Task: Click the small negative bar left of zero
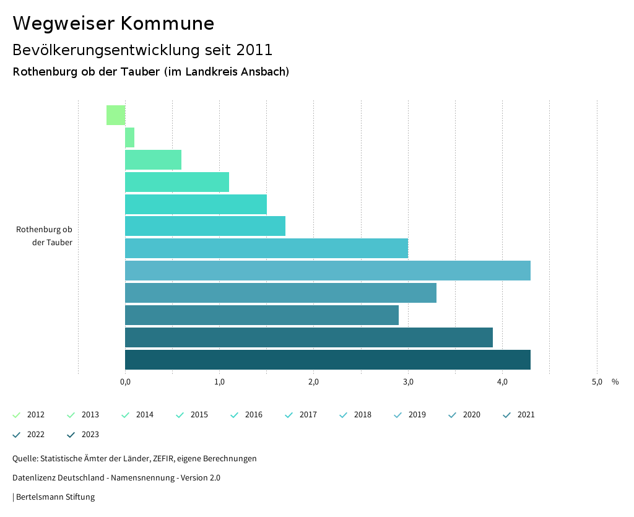pos(116,115)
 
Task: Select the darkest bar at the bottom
pos(328,360)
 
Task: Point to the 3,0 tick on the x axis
pos(408,382)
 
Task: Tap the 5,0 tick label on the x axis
pos(596,382)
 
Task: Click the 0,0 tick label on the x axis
pos(125,382)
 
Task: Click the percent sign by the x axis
pos(615,382)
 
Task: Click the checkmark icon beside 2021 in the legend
pos(507,415)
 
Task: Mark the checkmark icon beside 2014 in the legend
pos(126,415)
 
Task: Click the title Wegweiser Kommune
pos(113,24)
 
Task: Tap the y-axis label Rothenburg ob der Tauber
pos(45,236)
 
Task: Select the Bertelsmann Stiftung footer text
pos(54,497)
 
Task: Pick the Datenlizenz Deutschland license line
pos(116,478)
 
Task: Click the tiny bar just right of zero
pos(129,137)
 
